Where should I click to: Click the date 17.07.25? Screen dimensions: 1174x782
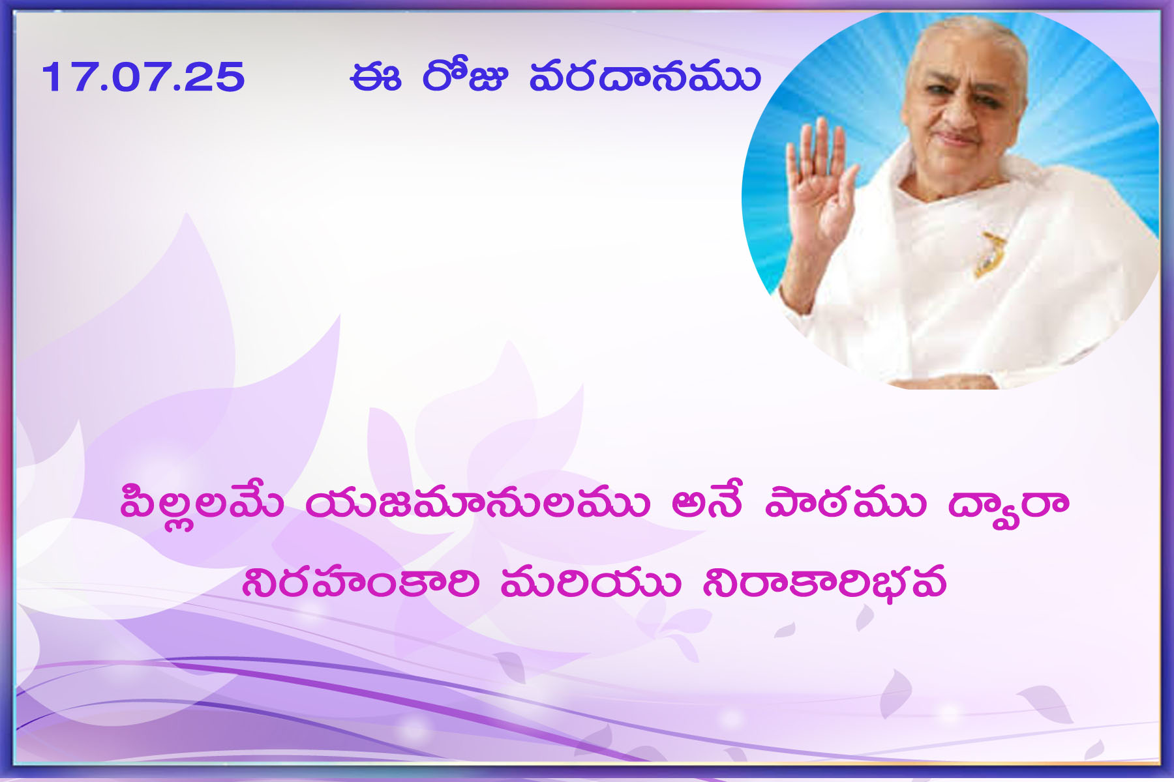click(143, 77)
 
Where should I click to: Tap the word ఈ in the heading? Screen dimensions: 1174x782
click(375, 78)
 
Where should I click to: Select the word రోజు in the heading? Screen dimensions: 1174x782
click(464, 75)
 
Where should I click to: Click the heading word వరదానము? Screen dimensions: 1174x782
click(644, 77)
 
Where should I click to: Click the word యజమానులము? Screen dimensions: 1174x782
click(477, 504)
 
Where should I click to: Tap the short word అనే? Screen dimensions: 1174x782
click(707, 502)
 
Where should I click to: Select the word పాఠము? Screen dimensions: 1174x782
click(845, 504)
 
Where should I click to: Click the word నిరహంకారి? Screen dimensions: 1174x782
click(361, 582)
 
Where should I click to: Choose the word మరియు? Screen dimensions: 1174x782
click(591, 582)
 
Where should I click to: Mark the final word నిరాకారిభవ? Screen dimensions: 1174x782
click(824, 582)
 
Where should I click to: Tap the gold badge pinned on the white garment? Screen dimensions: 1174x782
click(989, 253)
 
